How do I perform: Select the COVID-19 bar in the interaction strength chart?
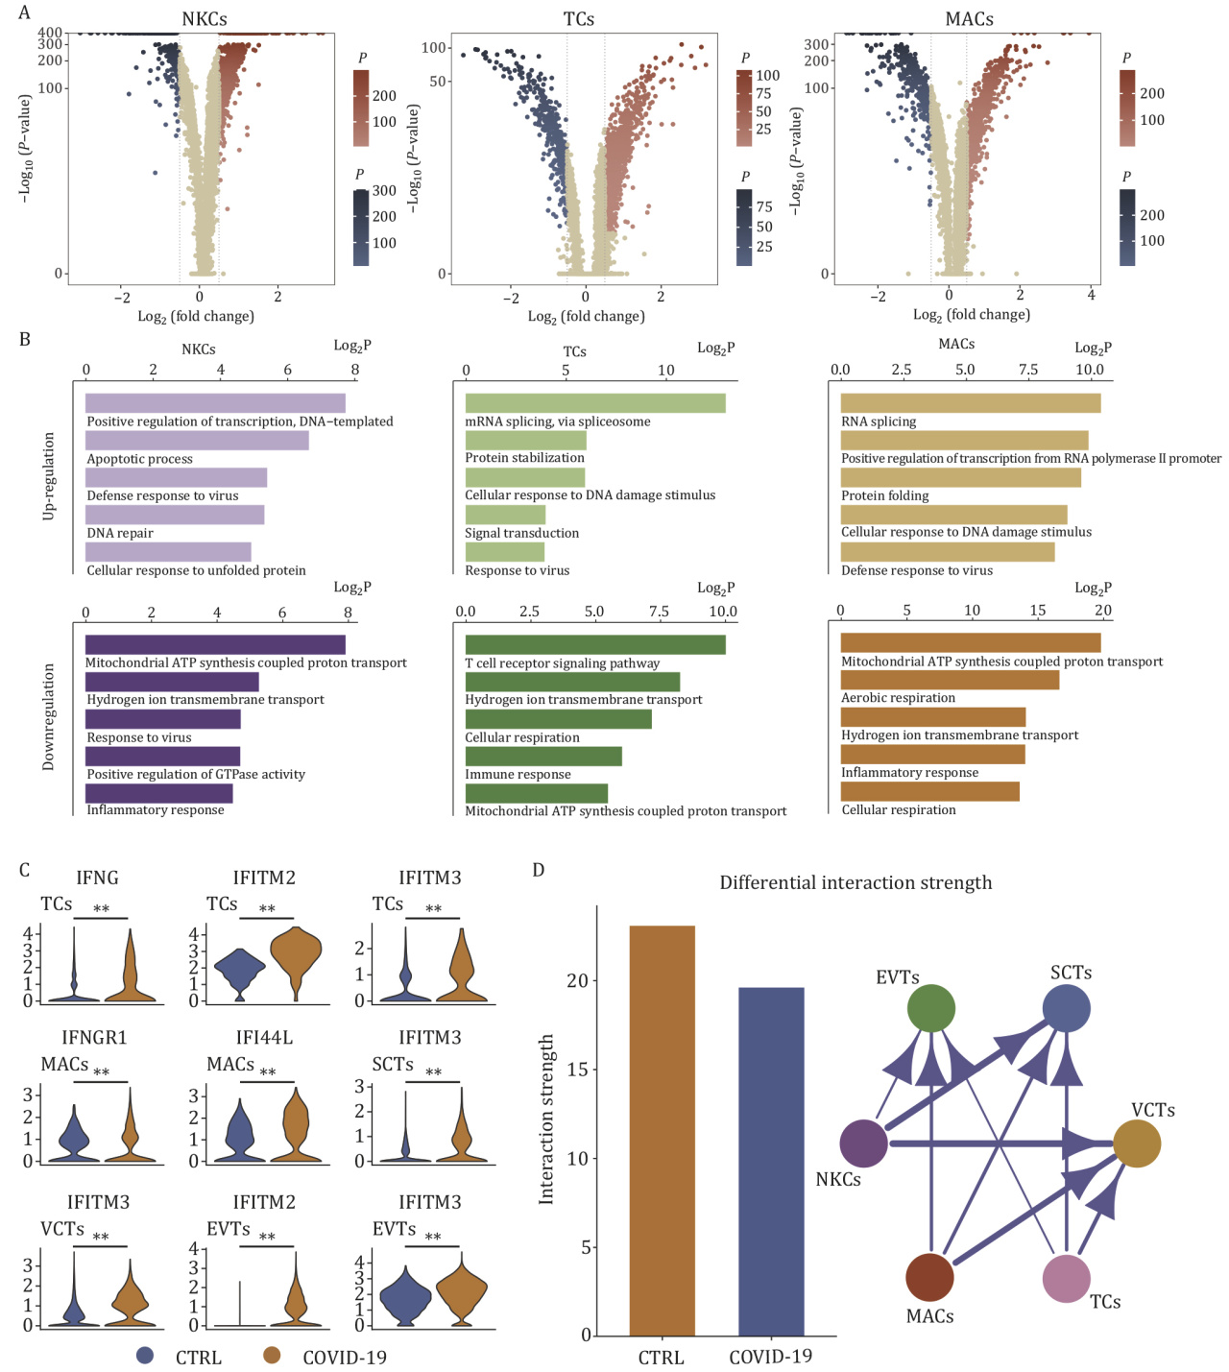pyautogui.click(x=771, y=1161)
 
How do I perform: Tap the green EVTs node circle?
pyautogui.click(x=931, y=1008)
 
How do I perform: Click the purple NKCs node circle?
pyautogui.click(x=863, y=1143)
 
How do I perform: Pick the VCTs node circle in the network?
pyautogui.click(x=1137, y=1143)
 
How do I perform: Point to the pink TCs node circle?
pyautogui.click(x=1066, y=1279)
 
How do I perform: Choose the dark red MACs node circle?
pyautogui.click(x=929, y=1277)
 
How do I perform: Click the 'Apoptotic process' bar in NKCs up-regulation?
pyautogui.click(x=197, y=441)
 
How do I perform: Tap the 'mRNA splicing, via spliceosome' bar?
pyautogui.click(x=595, y=403)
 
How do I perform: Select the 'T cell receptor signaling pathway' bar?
pyautogui.click(x=595, y=645)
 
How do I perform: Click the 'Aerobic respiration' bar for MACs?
pyautogui.click(x=950, y=680)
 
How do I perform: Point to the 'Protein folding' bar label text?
pyautogui.click(x=885, y=496)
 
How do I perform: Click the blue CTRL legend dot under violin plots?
pyautogui.click(x=146, y=1356)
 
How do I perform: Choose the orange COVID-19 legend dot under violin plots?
pyautogui.click(x=273, y=1356)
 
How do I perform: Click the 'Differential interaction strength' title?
pyautogui.click(x=855, y=883)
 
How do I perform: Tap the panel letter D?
pyautogui.click(x=539, y=870)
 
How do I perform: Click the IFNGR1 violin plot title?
pyautogui.click(x=94, y=1038)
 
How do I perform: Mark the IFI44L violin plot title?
pyautogui.click(x=264, y=1038)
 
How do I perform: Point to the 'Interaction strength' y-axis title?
pyautogui.click(x=547, y=1119)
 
